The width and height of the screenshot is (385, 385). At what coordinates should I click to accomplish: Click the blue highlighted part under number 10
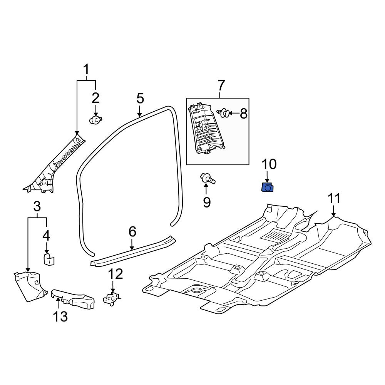click(x=268, y=187)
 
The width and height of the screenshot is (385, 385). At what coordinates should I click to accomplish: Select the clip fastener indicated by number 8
click(x=224, y=113)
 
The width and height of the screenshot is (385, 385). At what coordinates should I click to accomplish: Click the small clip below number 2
click(x=95, y=120)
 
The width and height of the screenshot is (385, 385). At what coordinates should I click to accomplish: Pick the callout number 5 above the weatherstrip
click(x=140, y=99)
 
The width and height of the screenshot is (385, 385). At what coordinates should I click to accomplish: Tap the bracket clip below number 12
click(x=111, y=298)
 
